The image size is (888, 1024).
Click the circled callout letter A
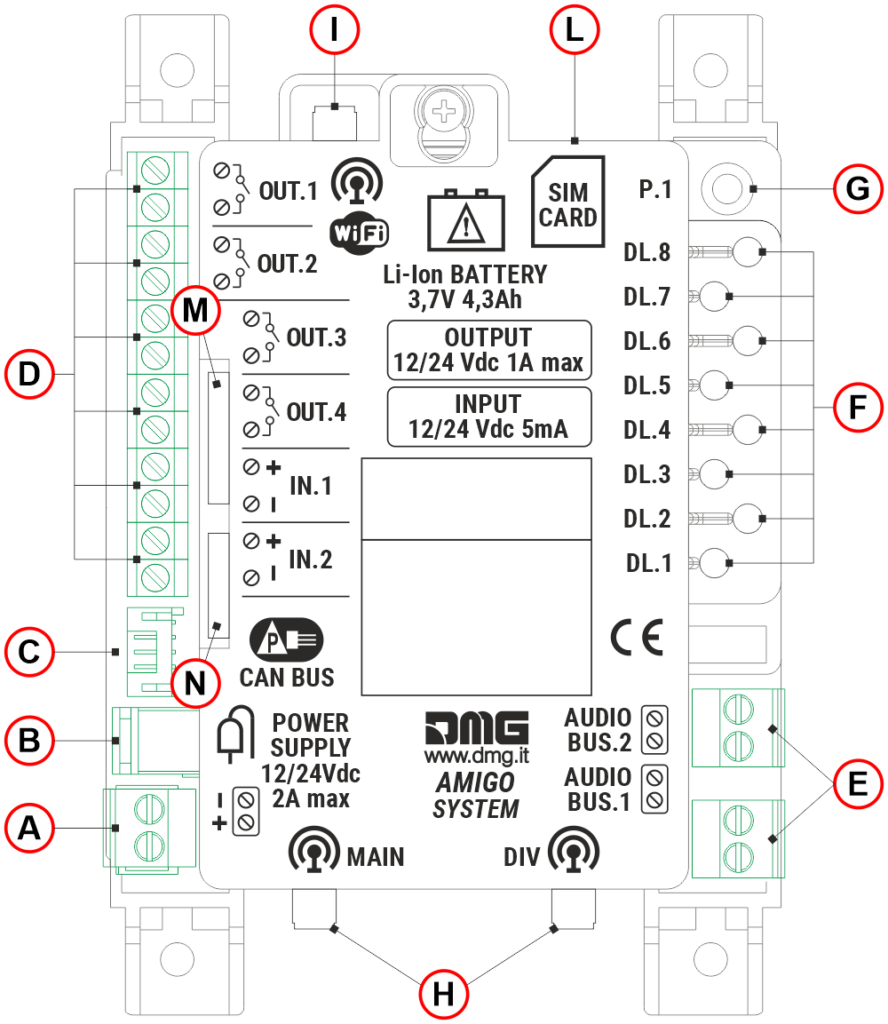click(29, 827)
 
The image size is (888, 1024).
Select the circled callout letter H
click(443, 993)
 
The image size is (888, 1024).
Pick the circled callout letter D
click(29, 374)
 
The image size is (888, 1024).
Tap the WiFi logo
click(357, 232)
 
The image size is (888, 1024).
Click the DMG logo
click(475, 727)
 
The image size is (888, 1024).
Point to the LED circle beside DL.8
click(747, 252)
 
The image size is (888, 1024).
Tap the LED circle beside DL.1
click(716, 563)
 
